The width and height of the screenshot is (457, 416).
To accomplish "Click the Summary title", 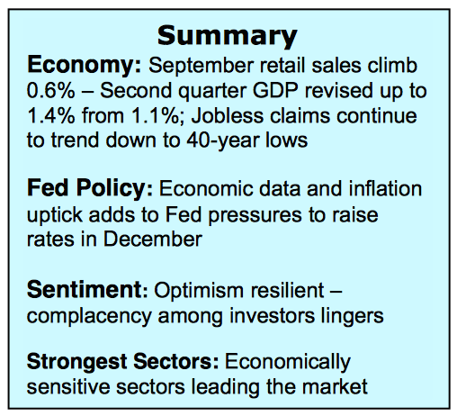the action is pyautogui.click(x=228, y=37).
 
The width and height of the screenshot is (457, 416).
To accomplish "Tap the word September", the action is pyautogui.click(x=202, y=67).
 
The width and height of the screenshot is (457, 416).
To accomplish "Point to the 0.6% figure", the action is pyautogui.click(x=50, y=90).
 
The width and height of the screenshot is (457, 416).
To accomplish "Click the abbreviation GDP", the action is pyautogui.click(x=275, y=90).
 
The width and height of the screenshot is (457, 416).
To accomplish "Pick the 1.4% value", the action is pyautogui.click(x=51, y=115).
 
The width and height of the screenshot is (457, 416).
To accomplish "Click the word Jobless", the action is pyautogui.click(x=228, y=115).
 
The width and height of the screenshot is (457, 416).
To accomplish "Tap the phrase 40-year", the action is pyautogui.click(x=222, y=140).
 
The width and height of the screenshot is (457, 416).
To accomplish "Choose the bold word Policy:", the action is pyautogui.click(x=114, y=189).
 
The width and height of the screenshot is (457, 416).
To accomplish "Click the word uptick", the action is pyautogui.click(x=55, y=216).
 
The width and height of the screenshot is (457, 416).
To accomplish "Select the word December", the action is pyautogui.click(x=153, y=240).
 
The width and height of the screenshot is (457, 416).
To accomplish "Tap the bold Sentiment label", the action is pyautogui.click(x=86, y=289).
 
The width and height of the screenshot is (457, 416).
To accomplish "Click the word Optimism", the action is pyautogui.click(x=198, y=292).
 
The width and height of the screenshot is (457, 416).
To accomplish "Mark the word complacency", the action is pyautogui.click(x=89, y=317).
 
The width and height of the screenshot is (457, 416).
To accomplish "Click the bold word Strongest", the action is pyautogui.click(x=77, y=362).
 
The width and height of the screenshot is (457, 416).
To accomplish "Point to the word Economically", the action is pyautogui.click(x=288, y=363).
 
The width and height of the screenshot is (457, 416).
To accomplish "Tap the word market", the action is pyautogui.click(x=335, y=386).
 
